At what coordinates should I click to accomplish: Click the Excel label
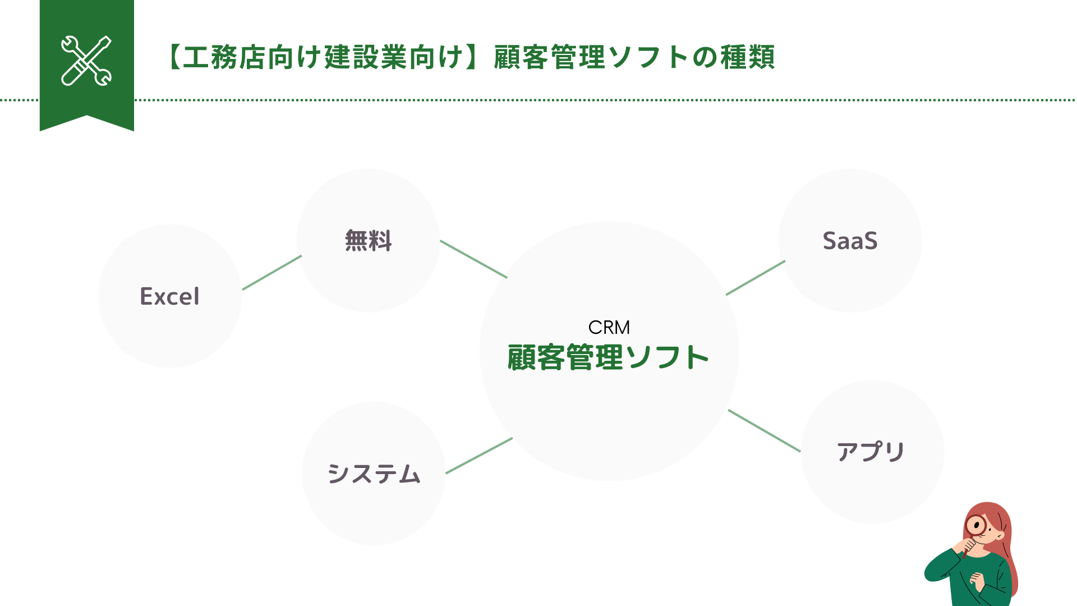[169, 296]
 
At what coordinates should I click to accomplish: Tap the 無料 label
[368, 241]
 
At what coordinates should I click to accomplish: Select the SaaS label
[850, 241]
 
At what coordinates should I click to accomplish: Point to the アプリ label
[871, 452]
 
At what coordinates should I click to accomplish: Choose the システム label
[374, 474]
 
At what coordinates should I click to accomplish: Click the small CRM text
[609, 327]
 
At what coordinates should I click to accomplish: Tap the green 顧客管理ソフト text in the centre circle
[608, 357]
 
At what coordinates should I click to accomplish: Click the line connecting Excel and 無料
[272, 273]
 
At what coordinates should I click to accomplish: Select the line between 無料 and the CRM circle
[473, 259]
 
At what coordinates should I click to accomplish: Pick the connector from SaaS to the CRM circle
[756, 278]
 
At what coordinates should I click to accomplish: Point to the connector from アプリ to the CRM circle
[764, 430]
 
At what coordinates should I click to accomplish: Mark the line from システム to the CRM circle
[479, 456]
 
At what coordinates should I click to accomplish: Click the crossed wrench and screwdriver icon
[86, 61]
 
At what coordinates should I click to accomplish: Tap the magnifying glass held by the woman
[977, 526]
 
